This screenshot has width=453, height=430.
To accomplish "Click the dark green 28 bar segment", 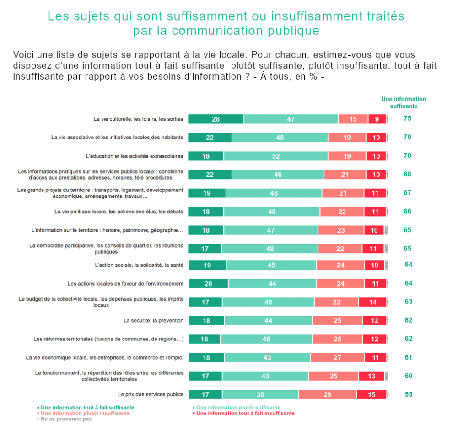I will click(x=216, y=119).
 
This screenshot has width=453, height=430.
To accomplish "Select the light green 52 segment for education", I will click(x=276, y=156).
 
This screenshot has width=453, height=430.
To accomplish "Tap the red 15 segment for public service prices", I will click(x=372, y=394).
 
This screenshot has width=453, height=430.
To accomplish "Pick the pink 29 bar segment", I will click(x=327, y=394).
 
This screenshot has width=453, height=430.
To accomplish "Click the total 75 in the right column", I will click(x=407, y=118).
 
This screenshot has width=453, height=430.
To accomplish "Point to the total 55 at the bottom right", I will click(x=408, y=394).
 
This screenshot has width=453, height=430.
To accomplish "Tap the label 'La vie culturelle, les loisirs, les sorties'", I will click(x=138, y=119).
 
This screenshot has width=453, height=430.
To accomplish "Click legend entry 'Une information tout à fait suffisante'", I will click(x=87, y=407).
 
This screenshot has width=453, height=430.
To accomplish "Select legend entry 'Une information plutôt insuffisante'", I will click(x=85, y=413).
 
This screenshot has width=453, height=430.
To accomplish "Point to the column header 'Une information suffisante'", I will click(x=404, y=102).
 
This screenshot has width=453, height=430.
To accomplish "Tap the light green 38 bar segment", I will click(x=260, y=394).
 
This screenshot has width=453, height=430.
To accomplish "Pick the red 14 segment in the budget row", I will click(x=372, y=302).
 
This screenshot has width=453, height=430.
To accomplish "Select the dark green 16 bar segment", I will click(x=204, y=339).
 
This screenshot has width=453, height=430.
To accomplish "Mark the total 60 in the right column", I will click(x=408, y=376).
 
